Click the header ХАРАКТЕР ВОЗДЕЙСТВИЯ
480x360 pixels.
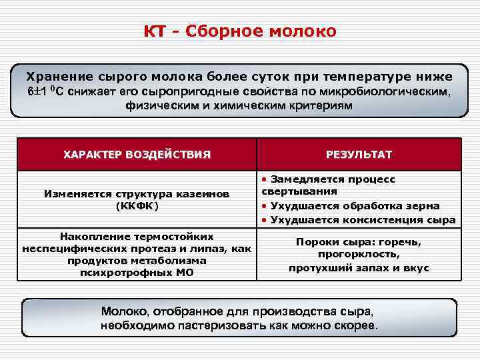pyautogui.click(x=137, y=155)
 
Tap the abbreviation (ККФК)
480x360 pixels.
pyautogui.click(x=137, y=206)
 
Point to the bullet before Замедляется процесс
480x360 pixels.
pyautogui.click(x=265, y=180)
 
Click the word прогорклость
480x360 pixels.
pyautogui.click(x=358, y=255)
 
